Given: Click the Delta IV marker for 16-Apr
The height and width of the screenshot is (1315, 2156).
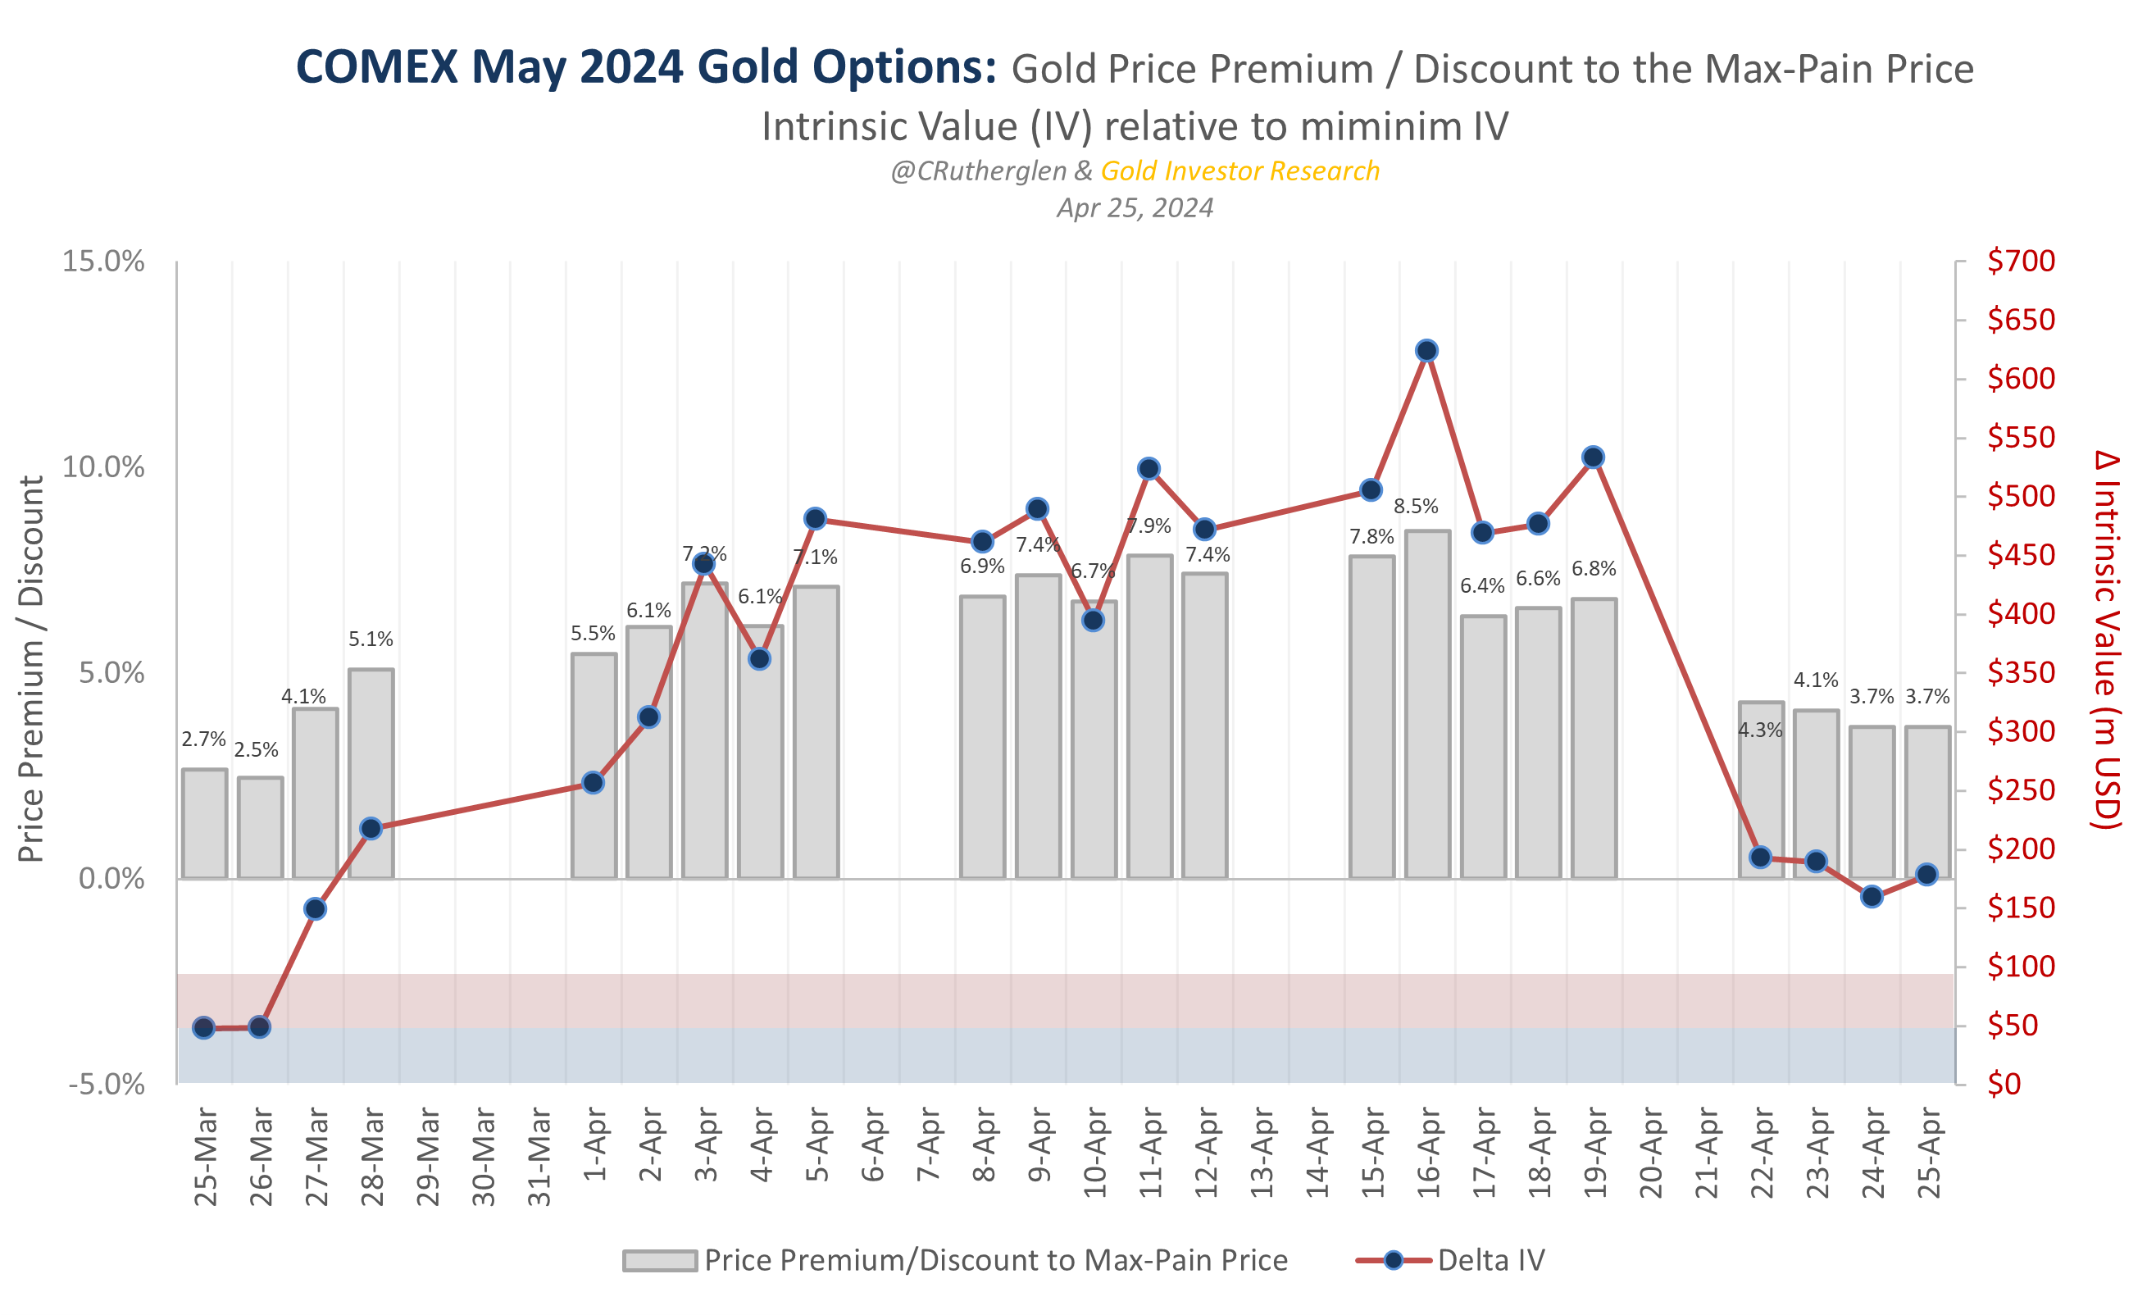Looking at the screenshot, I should pyautogui.click(x=1426, y=351).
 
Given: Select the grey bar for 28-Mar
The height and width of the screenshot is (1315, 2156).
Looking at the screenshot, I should pyautogui.click(x=371, y=774).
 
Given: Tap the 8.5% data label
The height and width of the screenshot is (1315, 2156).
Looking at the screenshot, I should pyautogui.click(x=1415, y=506).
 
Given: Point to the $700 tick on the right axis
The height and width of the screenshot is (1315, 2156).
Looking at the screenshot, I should pyautogui.click(x=2021, y=261).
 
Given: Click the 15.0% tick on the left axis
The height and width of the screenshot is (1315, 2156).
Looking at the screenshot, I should pyautogui.click(x=102, y=262).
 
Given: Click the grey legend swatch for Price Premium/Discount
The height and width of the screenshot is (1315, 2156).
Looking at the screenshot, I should pyautogui.click(x=660, y=1260).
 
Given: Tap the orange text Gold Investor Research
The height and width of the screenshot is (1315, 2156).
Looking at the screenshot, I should pyautogui.click(x=1239, y=171).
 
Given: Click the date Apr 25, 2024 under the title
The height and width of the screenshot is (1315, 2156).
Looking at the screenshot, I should pyautogui.click(x=1135, y=207).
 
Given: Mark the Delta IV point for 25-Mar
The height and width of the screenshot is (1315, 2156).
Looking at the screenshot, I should pyautogui.click(x=204, y=1028).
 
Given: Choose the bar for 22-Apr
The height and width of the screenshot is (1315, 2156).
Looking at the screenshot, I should pyautogui.click(x=1761, y=789).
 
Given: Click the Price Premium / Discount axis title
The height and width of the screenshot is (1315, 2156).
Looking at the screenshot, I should pyautogui.click(x=31, y=669).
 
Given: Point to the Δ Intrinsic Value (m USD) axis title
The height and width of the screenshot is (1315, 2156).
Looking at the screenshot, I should pyautogui.click(x=2107, y=639).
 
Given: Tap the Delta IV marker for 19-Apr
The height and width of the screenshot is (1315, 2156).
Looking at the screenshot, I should pyautogui.click(x=1594, y=457).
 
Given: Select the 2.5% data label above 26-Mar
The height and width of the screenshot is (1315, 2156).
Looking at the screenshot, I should pyautogui.click(x=256, y=750).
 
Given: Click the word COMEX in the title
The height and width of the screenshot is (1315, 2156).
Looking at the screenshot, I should pyautogui.click(x=376, y=67).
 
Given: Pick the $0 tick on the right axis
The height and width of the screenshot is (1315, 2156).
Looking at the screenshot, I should pyautogui.click(x=2004, y=1084).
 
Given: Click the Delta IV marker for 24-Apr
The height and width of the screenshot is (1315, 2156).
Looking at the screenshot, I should pyautogui.click(x=1872, y=897).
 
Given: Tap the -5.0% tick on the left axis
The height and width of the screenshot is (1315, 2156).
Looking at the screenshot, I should pyautogui.click(x=106, y=1085).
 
